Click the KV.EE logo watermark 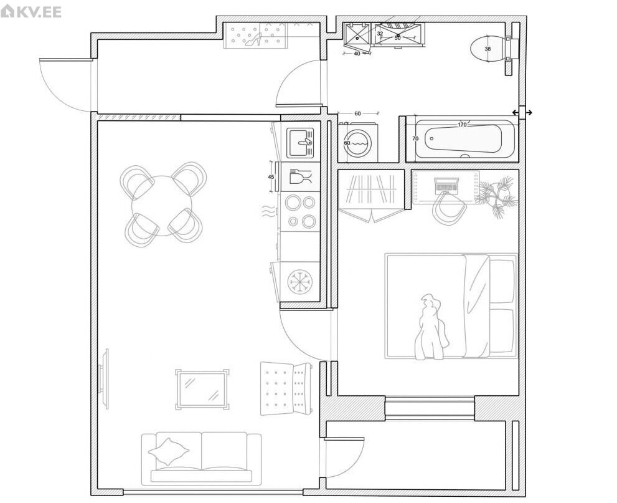click(x=31, y=11)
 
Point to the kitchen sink click(x=300, y=142)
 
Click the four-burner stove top click(x=300, y=211)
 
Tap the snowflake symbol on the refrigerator click(x=300, y=282)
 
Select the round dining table click(x=162, y=206)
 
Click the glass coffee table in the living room click(x=202, y=390)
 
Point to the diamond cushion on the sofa click(x=169, y=451)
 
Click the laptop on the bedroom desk click(x=446, y=184)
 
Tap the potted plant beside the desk click(x=497, y=196)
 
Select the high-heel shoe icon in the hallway click(x=254, y=39)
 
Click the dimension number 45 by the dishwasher click(x=271, y=177)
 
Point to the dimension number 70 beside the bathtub click(x=415, y=138)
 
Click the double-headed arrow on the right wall click(x=522, y=113)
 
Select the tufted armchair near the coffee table click(x=286, y=388)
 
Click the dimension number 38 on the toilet click(x=487, y=49)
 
